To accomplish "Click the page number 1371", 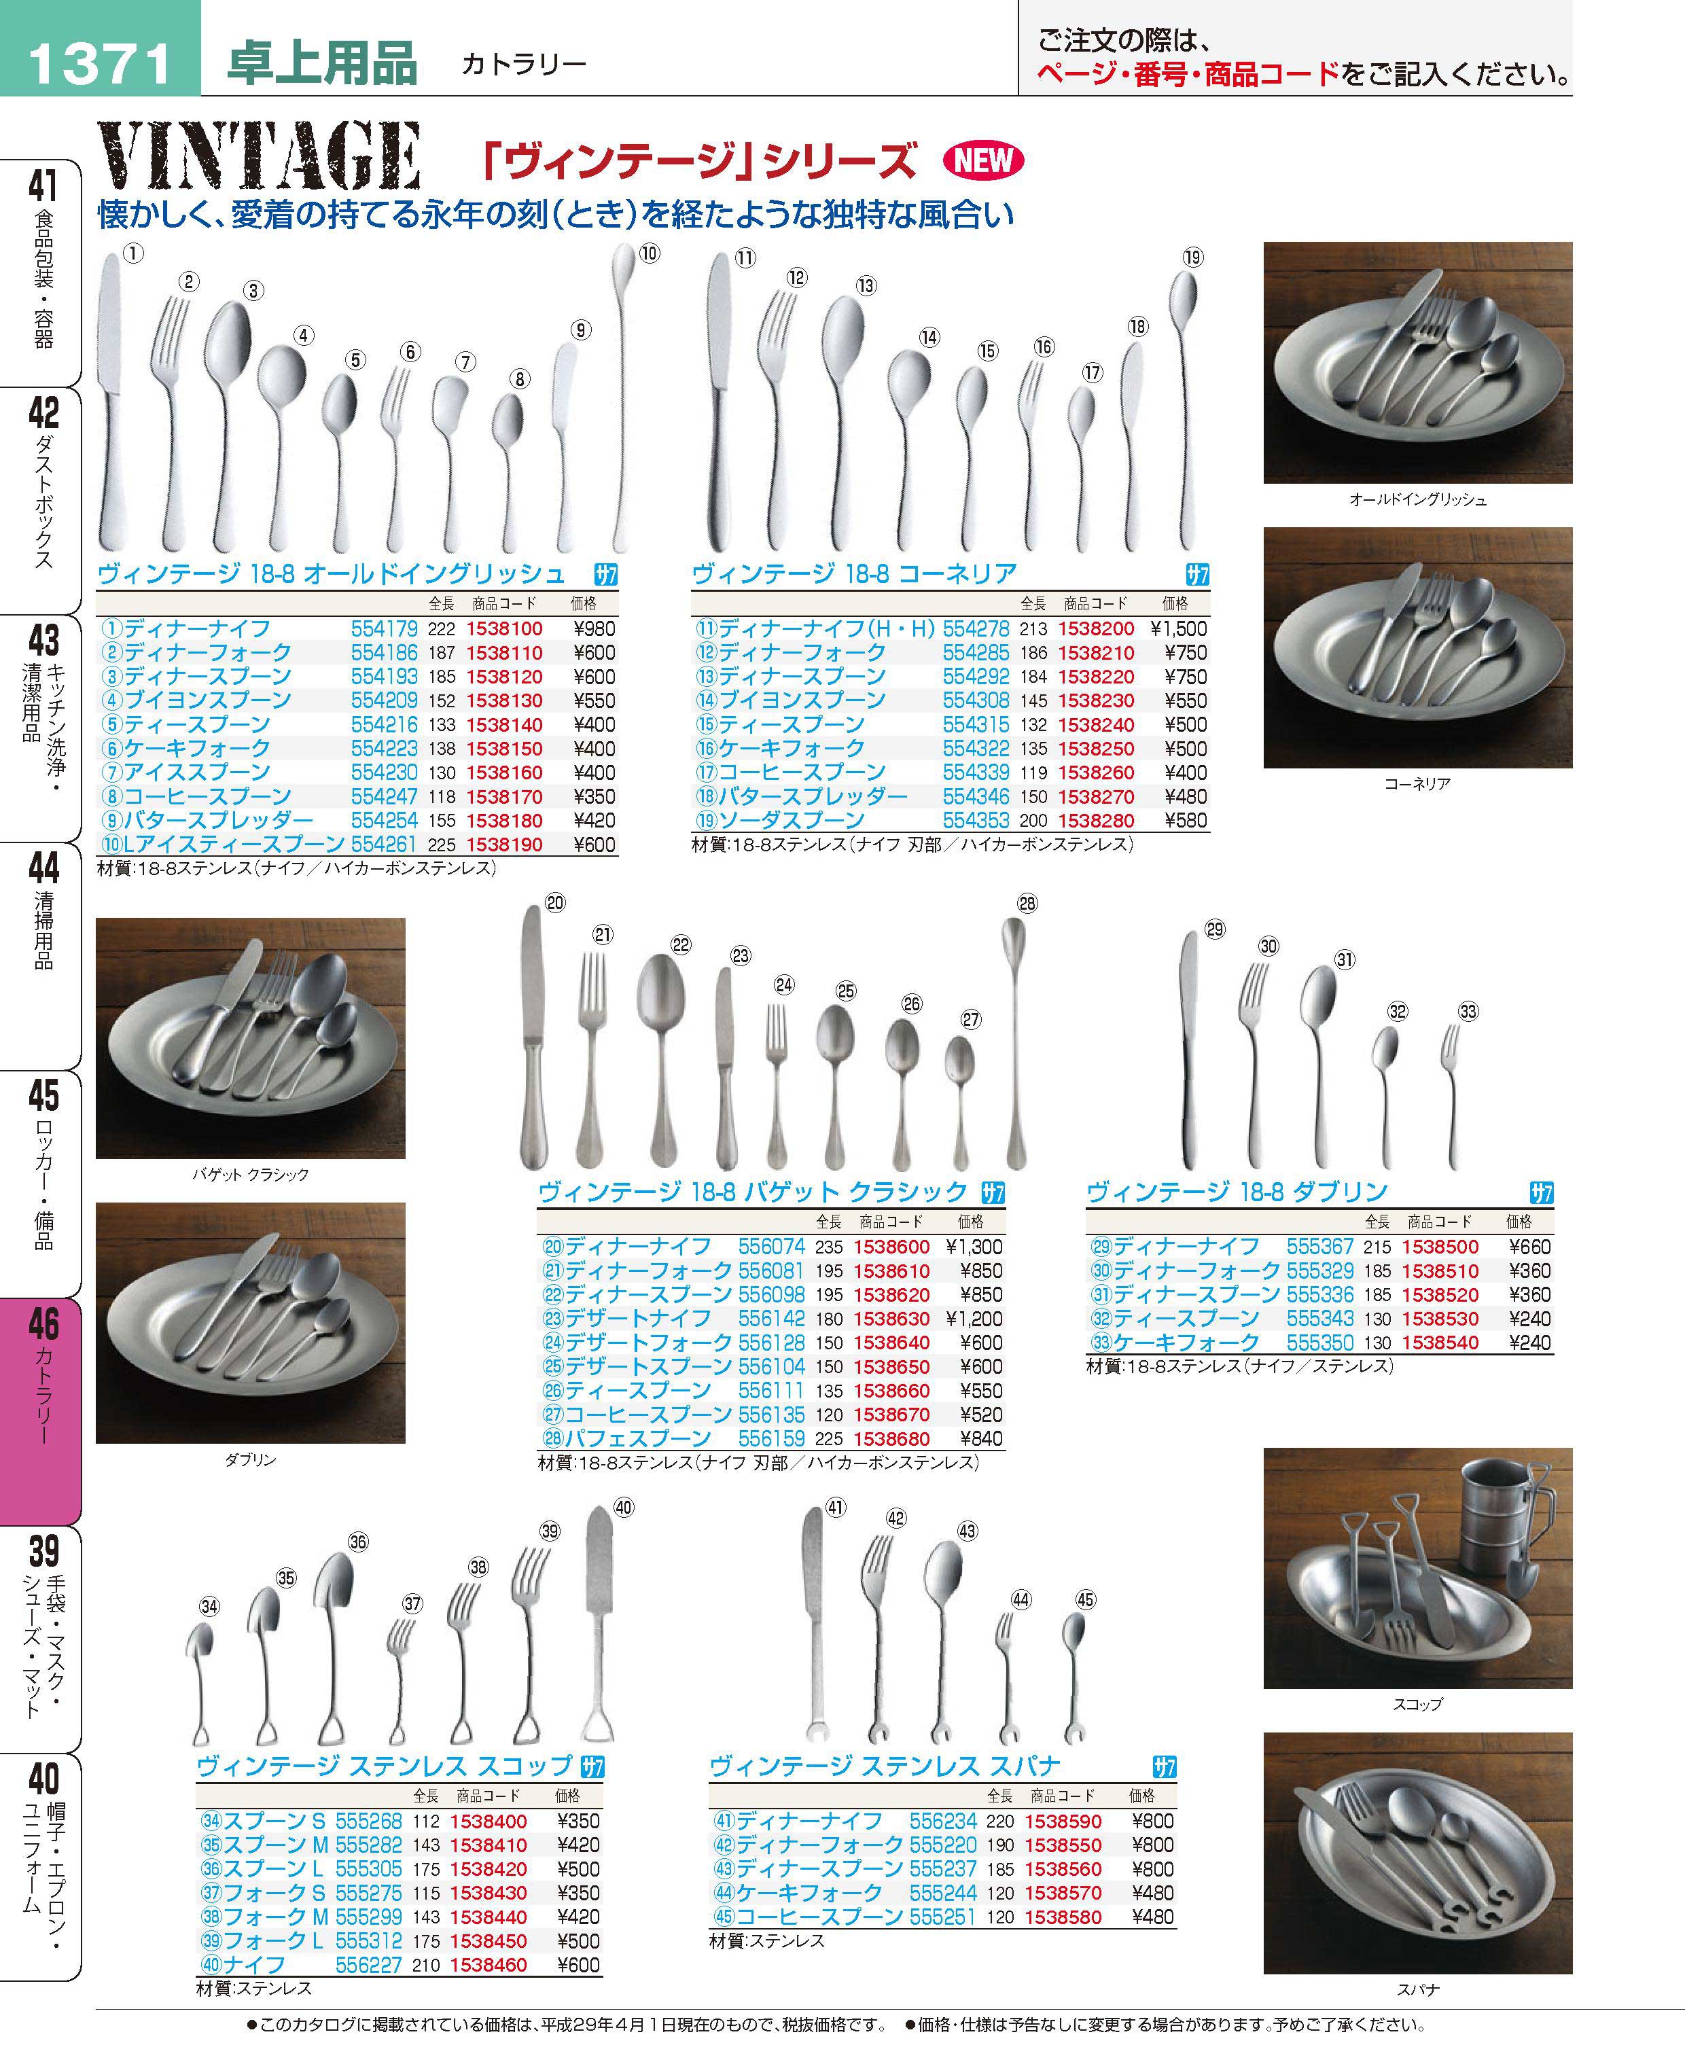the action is [x=99, y=64].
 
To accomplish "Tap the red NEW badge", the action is [x=983, y=160].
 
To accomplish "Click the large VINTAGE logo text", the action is [x=258, y=156].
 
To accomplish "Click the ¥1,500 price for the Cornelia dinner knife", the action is [x=1178, y=628].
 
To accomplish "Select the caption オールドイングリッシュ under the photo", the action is [x=1417, y=500].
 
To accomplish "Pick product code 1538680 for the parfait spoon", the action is [x=891, y=1439].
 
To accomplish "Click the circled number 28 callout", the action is [x=1027, y=904].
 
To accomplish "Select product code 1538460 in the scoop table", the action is [x=489, y=1965].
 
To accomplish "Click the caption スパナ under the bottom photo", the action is [x=1417, y=1989].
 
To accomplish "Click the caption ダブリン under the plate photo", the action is [x=251, y=1459].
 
